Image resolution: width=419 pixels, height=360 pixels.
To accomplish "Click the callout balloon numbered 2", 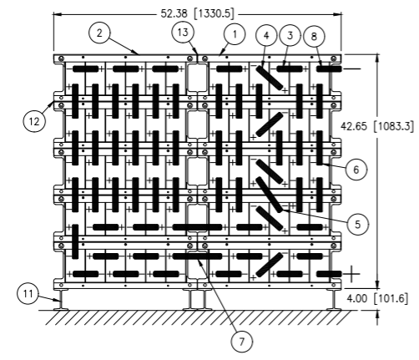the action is point(99,33).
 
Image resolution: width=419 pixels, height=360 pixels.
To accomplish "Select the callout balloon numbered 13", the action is point(183,33).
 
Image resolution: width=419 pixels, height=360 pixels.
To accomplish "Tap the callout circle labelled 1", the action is point(235,34).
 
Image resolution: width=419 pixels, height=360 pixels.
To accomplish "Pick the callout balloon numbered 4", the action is point(266,36).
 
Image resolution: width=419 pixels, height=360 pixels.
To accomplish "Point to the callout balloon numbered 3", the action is point(290,35).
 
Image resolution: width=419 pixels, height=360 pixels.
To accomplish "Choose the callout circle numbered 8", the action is point(314,37).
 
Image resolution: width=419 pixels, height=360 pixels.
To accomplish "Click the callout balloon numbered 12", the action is point(34,121).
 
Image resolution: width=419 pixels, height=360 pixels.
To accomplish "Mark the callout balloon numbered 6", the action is point(356,170).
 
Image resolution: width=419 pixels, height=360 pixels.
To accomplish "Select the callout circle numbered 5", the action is point(358,224).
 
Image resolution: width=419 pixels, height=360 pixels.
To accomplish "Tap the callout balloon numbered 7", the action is point(242,342).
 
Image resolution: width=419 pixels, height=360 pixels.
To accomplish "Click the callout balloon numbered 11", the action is point(28,294).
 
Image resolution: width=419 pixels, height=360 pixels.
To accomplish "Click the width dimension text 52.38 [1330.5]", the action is point(197,13).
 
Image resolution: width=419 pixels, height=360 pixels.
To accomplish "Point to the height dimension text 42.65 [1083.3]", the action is point(377,126).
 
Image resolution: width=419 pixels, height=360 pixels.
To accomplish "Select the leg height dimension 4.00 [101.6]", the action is point(377,299).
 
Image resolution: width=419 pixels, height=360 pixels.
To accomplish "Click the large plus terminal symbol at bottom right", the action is point(351,274).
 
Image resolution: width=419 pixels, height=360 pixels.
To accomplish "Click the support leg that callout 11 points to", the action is point(61,300).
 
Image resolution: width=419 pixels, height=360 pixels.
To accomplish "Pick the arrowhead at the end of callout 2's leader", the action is point(136,53).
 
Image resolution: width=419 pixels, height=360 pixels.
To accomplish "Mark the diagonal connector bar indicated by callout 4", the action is point(270,78).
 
